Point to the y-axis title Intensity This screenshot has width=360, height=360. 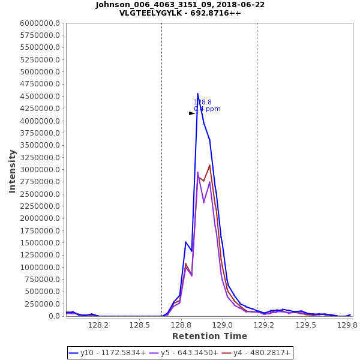click(x=12, y=171)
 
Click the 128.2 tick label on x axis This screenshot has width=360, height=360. click(x=98, y=325)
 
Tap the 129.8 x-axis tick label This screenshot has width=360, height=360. click(x=347, y=325)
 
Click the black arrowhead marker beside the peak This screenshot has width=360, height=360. click(x=192, y=113)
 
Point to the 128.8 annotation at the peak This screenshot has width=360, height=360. click(x=203, y=103)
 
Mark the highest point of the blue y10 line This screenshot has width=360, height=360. click(x=197, y=94)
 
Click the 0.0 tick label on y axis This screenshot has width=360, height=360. click(x=53, y=316)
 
